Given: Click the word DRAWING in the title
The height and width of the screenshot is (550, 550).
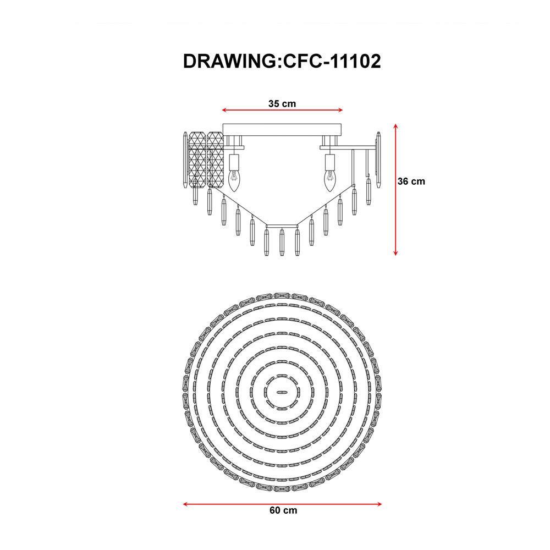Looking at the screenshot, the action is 230,62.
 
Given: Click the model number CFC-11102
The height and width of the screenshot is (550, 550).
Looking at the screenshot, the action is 332,62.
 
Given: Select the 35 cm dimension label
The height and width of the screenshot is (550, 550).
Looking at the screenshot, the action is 282,104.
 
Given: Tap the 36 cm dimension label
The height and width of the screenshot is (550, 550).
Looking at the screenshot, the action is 411,182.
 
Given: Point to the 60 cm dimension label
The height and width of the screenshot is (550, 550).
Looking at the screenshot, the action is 283,510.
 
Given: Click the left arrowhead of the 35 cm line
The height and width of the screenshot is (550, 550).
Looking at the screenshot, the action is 224,111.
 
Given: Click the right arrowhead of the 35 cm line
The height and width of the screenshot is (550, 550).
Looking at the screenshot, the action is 340,111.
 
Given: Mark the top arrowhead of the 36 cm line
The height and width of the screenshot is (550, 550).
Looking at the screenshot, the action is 395,127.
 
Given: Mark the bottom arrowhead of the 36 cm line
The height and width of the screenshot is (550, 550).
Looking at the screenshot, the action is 395,252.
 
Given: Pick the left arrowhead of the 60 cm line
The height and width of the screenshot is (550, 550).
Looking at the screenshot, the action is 186,504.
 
